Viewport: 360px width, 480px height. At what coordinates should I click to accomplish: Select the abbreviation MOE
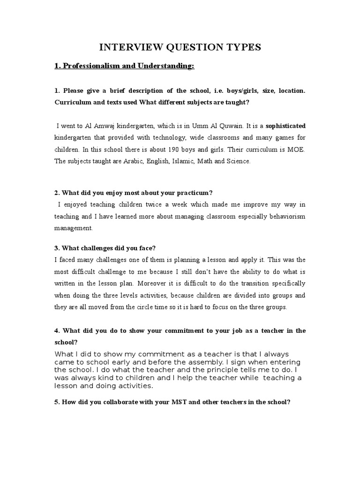[296, 150]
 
